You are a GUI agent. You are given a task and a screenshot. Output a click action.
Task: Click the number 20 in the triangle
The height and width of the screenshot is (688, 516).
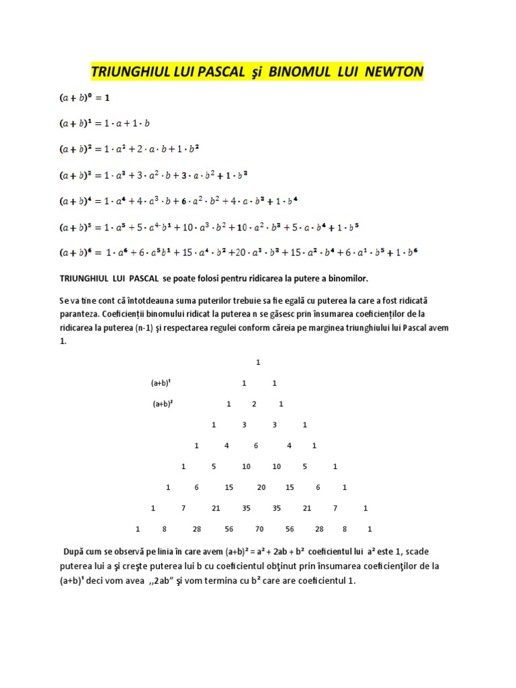coord(261,487)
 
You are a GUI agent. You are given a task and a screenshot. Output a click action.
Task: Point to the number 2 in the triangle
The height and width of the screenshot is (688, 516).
coord(254,404)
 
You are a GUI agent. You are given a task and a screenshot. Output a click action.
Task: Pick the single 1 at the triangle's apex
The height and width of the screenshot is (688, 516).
coord(257,362)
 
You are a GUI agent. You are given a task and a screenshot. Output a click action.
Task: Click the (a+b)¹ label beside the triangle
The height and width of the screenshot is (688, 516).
coord(161,383)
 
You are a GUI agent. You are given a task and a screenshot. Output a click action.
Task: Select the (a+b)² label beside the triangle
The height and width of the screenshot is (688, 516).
coord(163,404)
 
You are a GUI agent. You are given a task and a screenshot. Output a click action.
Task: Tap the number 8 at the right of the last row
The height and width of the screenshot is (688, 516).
coord(344,529)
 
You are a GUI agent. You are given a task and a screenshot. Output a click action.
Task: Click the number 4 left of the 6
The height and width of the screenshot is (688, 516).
coord(227,445)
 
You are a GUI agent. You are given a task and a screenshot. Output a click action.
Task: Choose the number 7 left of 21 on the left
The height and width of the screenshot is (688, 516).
coord(183,508)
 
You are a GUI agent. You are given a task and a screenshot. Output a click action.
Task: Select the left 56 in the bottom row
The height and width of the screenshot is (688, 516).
coord(229,529)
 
